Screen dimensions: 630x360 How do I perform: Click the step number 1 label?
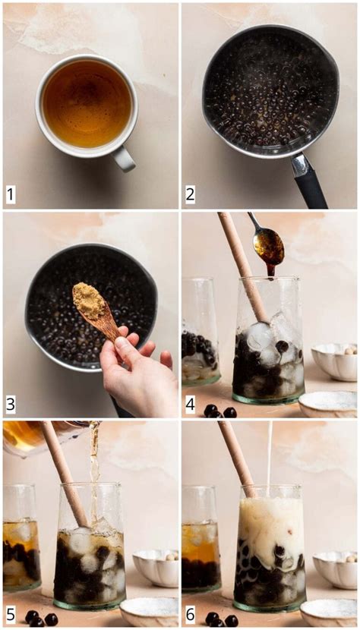pos(11,195)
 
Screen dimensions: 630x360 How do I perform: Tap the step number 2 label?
pos(190,195)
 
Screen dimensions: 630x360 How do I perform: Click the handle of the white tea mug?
pos(124,158)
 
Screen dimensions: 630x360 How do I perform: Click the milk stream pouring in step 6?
pos(269,455)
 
